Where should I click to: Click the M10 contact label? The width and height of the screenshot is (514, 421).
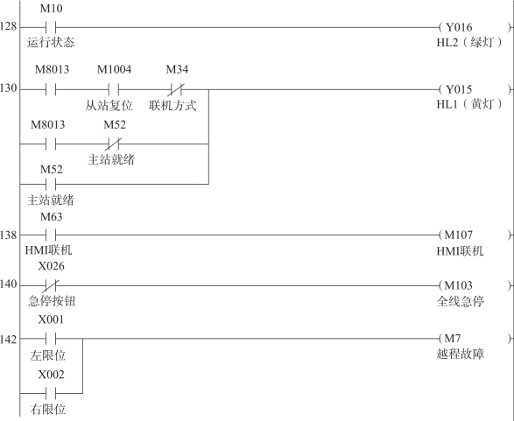(x=51, y=9)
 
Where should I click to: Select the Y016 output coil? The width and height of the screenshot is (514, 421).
(x=475, y=27)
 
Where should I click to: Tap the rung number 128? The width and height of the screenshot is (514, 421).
(x=8, y=26)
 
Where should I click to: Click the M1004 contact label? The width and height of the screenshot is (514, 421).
(x=114, y=69)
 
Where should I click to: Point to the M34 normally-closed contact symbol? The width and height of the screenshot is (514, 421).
(x=176, y=89)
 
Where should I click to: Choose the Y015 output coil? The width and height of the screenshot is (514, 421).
(x=475, y=89)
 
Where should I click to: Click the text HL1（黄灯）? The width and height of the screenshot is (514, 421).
(x=469, y=104)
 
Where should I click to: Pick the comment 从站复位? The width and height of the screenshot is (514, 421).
(x=109, y=106)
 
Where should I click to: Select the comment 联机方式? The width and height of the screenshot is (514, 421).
(x=173, y=106)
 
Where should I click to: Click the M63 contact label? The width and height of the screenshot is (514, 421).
(x=51, y=217)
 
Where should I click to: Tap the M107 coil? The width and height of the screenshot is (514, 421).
(x=475, y=235)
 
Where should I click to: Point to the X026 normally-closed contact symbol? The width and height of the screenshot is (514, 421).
(x=51, y=285)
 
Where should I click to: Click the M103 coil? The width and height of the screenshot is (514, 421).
(x=475, y=285)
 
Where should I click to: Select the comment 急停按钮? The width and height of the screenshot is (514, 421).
(x=52, y=301)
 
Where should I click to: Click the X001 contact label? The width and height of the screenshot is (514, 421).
(x=51, y=319)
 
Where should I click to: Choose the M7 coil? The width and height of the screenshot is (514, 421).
(x=475, y=338)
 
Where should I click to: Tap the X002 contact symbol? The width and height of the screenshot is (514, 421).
(x=51, y=393)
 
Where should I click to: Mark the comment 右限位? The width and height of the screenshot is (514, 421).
(x=48, y=410)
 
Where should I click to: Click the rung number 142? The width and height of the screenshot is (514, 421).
(x=8, y=340)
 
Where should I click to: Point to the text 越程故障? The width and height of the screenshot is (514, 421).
(x=461, y=354)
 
